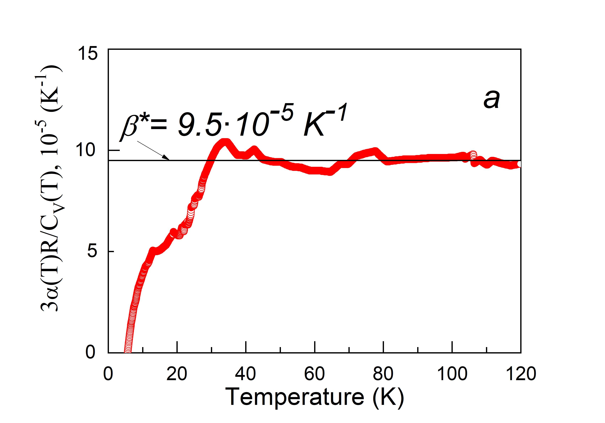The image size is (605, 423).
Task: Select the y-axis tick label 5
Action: point(92,251)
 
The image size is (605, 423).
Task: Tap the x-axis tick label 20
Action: point(177,374)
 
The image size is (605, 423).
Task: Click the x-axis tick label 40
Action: point(245,374)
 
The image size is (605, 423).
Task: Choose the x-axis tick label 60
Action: point(314,374)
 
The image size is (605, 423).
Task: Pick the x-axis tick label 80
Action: point(383,374)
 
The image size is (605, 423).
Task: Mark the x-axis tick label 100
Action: point(452,374)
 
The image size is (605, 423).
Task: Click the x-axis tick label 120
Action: point(521,374)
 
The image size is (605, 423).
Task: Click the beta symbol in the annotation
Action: point(130,127)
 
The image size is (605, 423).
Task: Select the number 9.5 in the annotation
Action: point(200,124)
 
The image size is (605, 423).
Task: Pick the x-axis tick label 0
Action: point(108,374)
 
